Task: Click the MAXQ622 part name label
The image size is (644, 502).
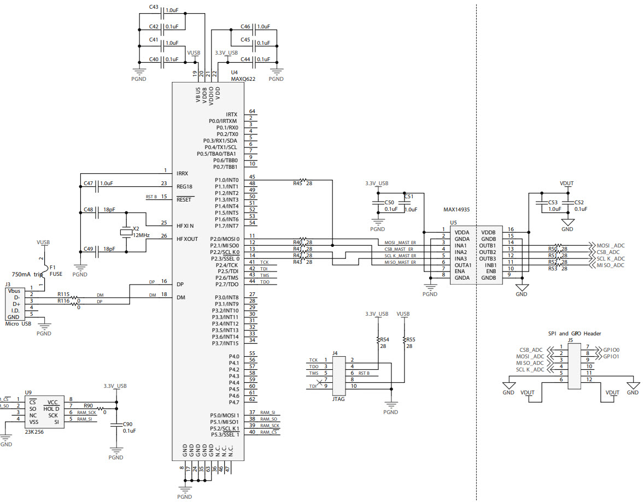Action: [x=243, y=79]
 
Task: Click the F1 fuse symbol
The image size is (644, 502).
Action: [x=45, y=268]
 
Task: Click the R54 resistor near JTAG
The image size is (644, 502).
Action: [x=378, y=340]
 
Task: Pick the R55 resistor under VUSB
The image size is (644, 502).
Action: [x=404, y=340]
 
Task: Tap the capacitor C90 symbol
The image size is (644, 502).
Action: [x=115, y=424]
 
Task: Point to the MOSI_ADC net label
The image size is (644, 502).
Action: [x=610, y=245]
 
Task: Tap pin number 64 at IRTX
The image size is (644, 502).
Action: [x=252, y=111]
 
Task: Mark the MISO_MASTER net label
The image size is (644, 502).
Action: [x=400, y=263]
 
